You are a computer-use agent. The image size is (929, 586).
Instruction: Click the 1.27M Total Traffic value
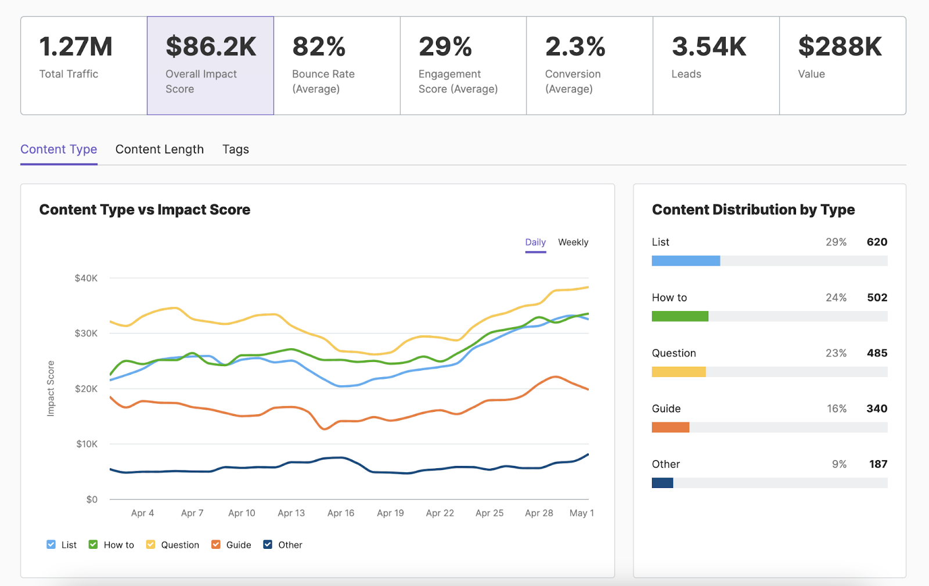75,47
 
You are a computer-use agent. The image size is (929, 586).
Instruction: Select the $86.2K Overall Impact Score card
210,66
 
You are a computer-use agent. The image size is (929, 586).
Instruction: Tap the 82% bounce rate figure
319,47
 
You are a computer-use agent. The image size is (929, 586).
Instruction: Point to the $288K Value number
840,47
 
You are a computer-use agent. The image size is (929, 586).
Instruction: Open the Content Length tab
160,150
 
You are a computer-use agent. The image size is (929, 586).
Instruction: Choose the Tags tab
236,150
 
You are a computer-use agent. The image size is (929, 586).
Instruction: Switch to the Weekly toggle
573,243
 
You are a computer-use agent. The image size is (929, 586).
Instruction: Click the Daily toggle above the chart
535,243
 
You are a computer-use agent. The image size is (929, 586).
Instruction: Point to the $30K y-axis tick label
86,334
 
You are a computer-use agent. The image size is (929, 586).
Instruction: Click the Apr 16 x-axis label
341,513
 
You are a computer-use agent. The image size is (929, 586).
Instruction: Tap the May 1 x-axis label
581,513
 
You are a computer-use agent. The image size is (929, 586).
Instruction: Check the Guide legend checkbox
216,545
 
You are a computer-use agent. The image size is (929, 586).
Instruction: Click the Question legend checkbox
151,545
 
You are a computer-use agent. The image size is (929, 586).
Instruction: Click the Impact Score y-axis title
51,388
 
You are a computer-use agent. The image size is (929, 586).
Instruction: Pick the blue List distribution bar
686,261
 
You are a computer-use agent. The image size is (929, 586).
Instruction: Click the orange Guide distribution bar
670,428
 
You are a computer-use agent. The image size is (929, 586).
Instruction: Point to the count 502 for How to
877,298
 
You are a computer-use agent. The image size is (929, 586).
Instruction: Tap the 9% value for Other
839,464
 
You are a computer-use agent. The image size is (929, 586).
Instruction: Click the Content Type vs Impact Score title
145,210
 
